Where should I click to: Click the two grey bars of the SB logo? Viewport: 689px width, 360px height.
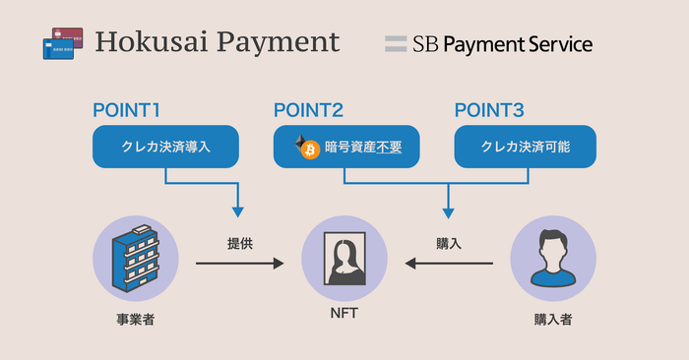396,43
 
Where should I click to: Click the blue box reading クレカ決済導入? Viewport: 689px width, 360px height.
165,147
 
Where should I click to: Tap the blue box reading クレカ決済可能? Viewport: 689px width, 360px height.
525,147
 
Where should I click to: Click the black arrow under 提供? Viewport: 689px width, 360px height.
239,263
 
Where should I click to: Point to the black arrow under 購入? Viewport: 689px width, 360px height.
450,263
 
